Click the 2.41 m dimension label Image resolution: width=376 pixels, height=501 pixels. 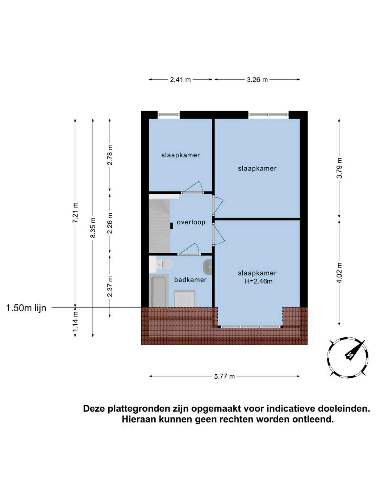pyautogui.click(x=180, y=80)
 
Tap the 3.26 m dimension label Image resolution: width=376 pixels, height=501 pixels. pyautogui.click(x=257, y=80)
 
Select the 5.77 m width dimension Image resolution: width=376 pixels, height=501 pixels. pyautogui.click(x=224, y=376)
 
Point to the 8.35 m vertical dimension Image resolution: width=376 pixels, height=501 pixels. pyautogui.click(x=93, y=228)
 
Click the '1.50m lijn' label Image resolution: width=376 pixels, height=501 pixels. pyautogui.click(x=26, y=308)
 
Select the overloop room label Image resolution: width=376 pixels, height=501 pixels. pyautogui.click(x=191, y=222)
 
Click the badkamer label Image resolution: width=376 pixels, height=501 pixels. pyautogui.click(x=190, y=279)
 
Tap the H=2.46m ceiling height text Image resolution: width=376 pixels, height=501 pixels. pyautogui.click(x=258, y=281)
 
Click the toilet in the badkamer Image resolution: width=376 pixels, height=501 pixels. pyautogui.click(x=165, y=264)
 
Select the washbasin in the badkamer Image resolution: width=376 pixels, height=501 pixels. pyautogui.click(x=208, y=267)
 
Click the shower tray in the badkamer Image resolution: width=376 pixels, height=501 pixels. pyautogui.click(x=185, y=299)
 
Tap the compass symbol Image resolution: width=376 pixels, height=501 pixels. pyautogui.click(x=348, y=357)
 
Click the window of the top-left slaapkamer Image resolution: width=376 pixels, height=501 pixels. pyautogui.click(x=169, y=115)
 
